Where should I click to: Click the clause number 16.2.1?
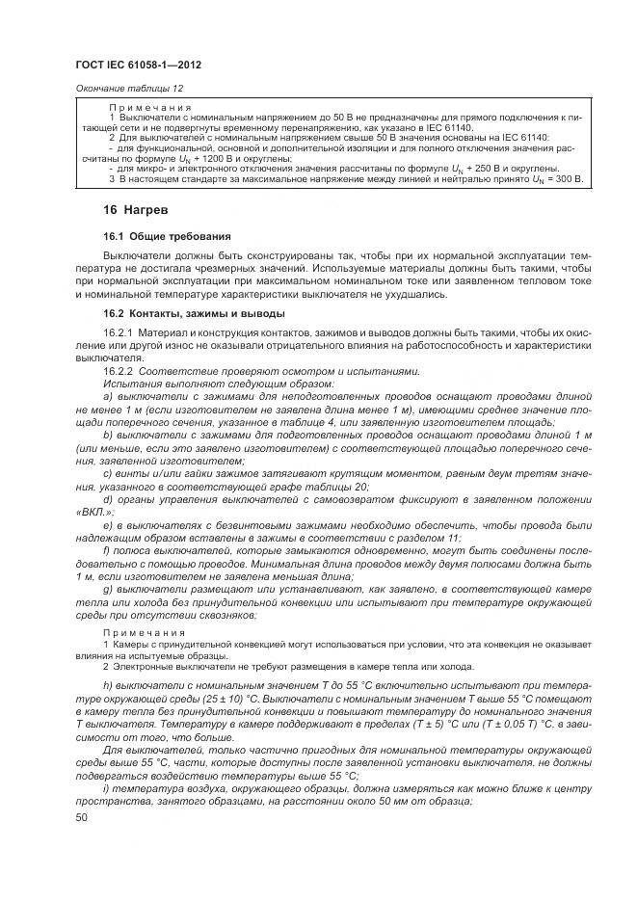[x=119, y=332]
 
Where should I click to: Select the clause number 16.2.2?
[x=119, y=371]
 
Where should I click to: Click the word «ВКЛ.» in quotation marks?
[x=91, y=512]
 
